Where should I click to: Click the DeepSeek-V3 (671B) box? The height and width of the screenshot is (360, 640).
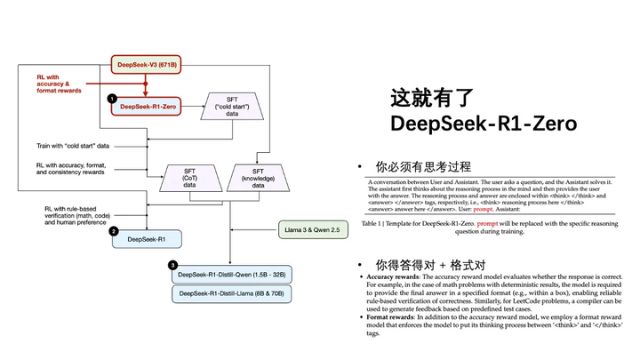145,64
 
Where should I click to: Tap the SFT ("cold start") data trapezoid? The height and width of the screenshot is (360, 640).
232,107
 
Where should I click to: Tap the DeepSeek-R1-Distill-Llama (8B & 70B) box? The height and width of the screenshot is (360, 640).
233,293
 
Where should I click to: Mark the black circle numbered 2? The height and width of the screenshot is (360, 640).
114,230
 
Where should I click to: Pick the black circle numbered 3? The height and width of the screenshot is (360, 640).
173,264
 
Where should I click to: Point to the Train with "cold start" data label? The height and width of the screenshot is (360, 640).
73,144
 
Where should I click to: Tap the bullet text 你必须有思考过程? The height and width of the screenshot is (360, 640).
423,167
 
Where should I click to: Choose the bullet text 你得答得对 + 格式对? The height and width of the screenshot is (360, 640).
430,265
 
